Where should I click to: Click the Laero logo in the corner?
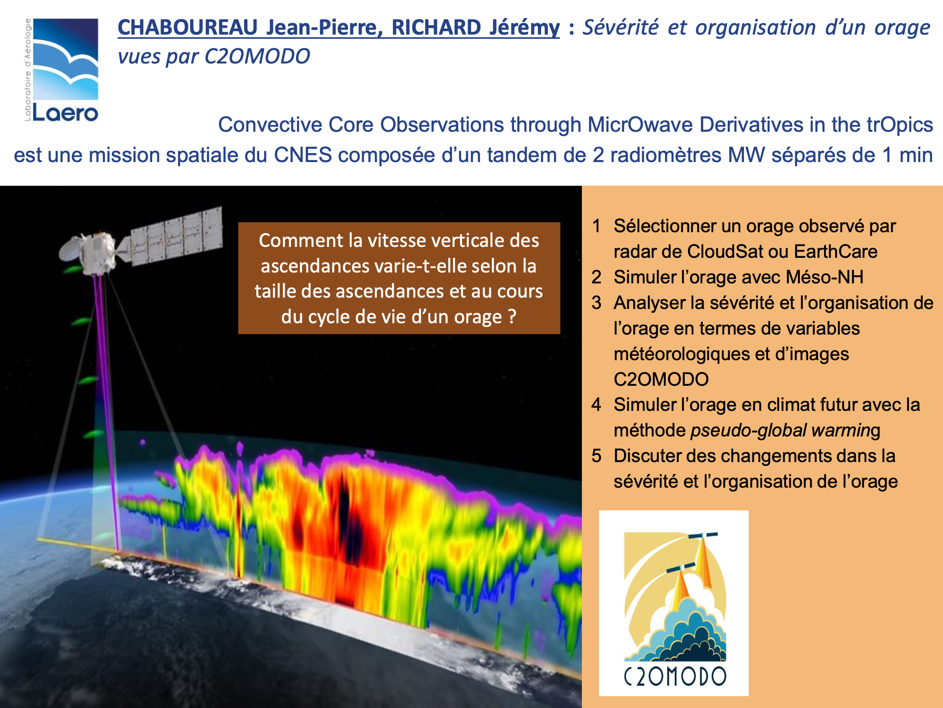pos(62,70)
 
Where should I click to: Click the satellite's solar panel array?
pos(176,235)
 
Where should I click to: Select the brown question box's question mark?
pos(511,317)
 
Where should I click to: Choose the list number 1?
pos(596,226)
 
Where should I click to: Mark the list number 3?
pos(596,303)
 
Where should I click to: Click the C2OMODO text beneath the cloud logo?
pos(674,676)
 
